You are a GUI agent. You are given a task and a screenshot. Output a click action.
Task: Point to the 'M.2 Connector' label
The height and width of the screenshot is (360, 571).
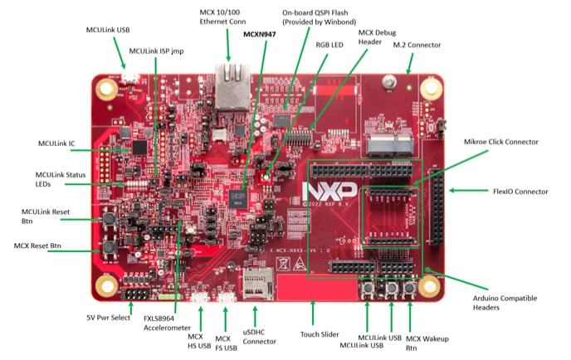click(417, 44)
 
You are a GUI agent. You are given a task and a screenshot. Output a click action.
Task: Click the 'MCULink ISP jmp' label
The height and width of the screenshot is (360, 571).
click(155, 51)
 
